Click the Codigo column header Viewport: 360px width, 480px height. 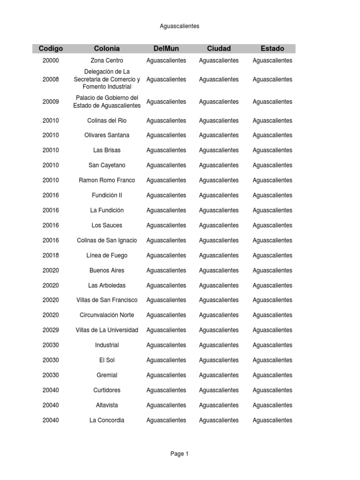[x=51, y=48]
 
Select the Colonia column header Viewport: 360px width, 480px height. [x=107, y=48]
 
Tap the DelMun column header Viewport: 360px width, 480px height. [x=166, y=48]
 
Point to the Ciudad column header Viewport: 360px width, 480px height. [x=219, y=48]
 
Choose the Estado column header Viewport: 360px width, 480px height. [x=272, y=48]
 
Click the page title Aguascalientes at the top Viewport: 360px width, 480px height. [x=180, y=26]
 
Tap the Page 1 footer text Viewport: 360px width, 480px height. [x=180, y=454]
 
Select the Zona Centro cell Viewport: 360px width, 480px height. [x=107, y=60]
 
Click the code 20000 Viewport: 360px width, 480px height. [x=51, y=60]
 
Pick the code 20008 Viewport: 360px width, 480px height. [x=51, y=79]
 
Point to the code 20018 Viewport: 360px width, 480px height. [x=51, y=255]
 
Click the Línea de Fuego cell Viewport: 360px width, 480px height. [x=107, y=255]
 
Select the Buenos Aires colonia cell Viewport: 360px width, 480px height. [x=107, y=270]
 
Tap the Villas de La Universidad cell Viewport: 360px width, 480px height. [x=107, y=330]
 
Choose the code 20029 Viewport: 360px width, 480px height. [x=51, y=330]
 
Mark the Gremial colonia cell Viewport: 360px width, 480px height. [x=107, y=375]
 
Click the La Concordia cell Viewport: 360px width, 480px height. [x=107, y=420]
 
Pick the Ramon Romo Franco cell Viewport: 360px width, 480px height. [x=107, y=180]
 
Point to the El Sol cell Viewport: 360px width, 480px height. [x=107, y=360]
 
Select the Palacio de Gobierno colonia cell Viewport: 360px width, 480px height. [x=107, y=102]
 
